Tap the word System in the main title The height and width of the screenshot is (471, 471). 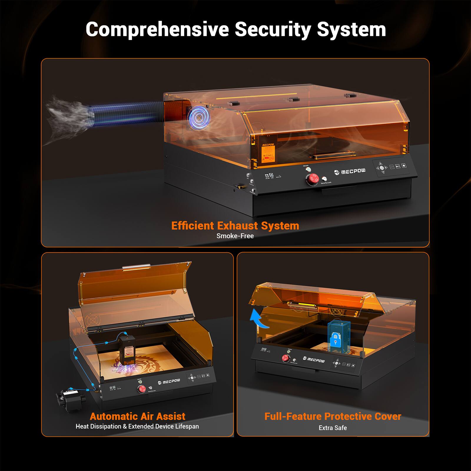pos(351,29)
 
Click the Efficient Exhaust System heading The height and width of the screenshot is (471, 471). pos(235,226)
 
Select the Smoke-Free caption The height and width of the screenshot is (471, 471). pos(235,236)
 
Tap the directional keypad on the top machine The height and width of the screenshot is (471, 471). pos(382,168)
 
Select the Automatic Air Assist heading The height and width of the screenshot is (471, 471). pos(137,417)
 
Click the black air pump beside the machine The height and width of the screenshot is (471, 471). pos(71,398)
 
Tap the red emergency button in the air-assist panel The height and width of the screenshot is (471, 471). pos(142,389)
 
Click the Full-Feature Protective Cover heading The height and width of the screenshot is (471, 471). pos(333,417)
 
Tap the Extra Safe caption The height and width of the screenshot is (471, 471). pos(333,428)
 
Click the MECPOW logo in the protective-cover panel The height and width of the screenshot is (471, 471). pos(314,359)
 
